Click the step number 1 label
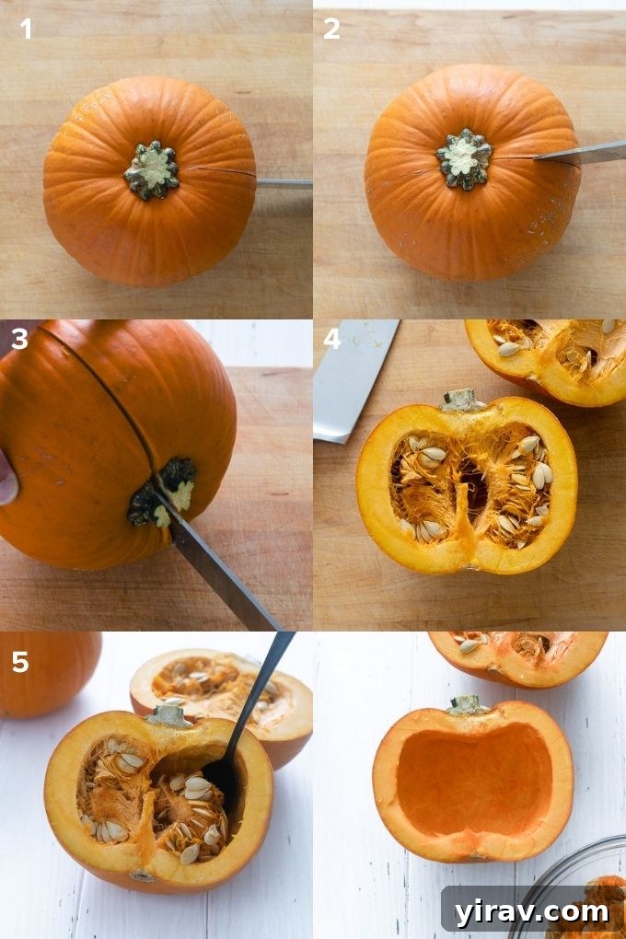tap(26, 29)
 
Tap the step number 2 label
tap(331, 29)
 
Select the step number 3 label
tap(19, 340)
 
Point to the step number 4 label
tap(331, 340)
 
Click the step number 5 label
tap(20, 662)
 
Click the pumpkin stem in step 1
tap(152, 170)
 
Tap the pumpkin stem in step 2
tap(464, 158)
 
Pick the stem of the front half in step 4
tap(461, 400)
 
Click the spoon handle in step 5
tap(263, 681)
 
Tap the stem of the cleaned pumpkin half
tap(467, 705)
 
